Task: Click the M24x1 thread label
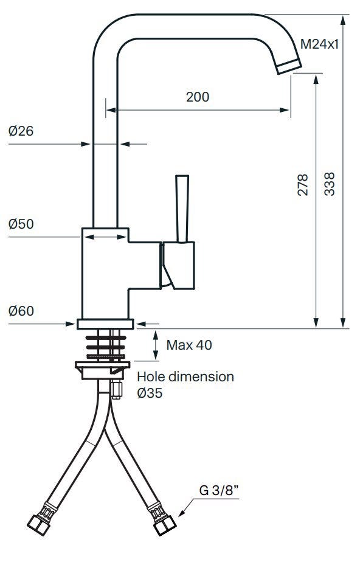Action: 320,44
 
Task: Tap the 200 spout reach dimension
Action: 198,97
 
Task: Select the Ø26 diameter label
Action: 21,131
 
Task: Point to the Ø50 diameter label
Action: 21,224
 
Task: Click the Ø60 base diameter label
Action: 21,311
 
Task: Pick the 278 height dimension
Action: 303,184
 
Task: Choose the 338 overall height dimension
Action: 330,184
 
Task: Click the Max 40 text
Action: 189,345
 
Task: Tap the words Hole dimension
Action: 185,377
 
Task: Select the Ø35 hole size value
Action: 150,393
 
